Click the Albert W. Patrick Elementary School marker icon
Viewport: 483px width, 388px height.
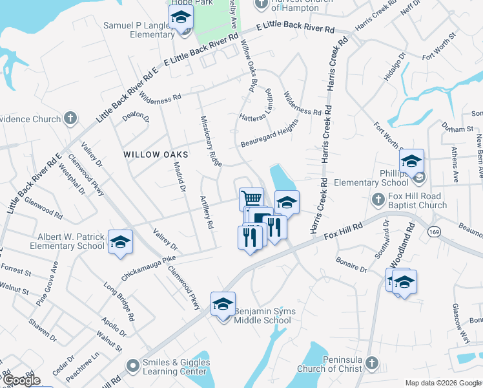click(119, 242)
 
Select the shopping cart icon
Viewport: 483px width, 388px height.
click(251, 198)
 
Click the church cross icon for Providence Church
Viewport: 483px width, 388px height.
click(70, 118)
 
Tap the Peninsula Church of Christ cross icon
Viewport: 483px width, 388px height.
click(370, 363)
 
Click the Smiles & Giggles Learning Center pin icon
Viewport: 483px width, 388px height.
click(134, 365)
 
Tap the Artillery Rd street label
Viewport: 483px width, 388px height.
click(206, 215)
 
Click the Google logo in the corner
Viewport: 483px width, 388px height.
click(21, 380)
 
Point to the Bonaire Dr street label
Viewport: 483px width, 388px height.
click(351, 264)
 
